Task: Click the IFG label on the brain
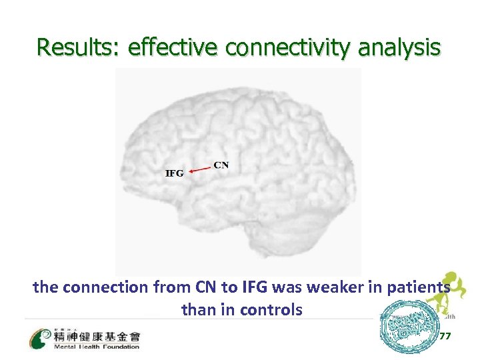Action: click(x=174, y=173)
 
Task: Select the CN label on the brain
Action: click(x=221, y=165)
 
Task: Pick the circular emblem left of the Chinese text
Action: click(x=40, y=338)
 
